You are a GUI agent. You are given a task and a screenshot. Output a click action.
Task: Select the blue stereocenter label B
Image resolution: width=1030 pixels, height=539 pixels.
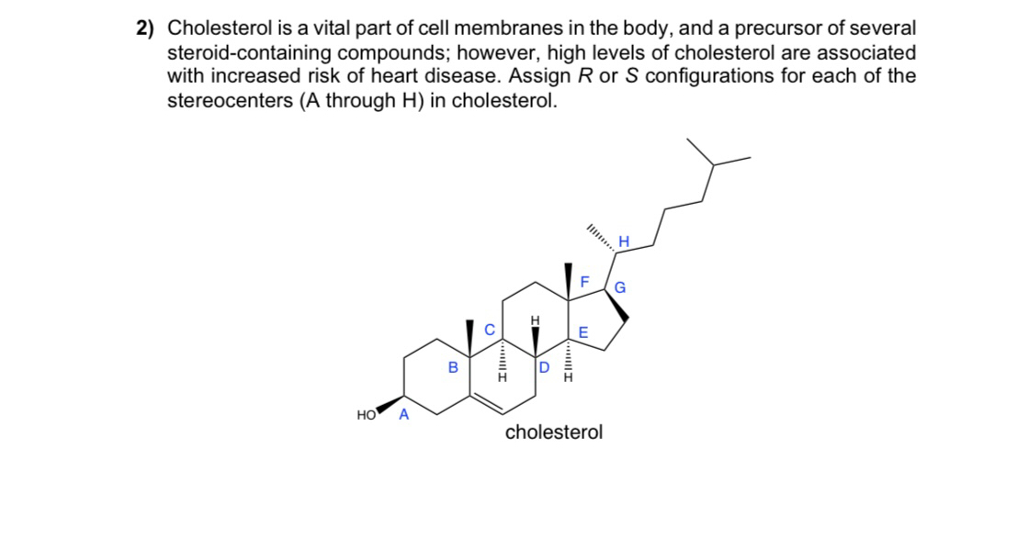click(x=451, y=368)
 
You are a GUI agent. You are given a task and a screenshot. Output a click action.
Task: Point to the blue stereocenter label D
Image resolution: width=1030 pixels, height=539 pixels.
click(x=543, y=368)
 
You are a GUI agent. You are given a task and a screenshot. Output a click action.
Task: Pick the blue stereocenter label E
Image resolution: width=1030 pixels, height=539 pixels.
click(x=583, y=332)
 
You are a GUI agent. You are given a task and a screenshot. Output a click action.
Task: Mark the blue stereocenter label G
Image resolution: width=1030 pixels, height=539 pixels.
click(x=619, y=287)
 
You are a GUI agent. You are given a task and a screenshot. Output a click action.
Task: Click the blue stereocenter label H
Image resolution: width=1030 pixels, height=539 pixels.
click(x=624, y=241)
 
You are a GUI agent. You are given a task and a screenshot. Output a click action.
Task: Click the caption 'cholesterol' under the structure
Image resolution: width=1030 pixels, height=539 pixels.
click(x=554, y=432)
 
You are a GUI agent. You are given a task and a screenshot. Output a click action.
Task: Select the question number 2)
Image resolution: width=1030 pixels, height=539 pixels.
click(x=145, y=29)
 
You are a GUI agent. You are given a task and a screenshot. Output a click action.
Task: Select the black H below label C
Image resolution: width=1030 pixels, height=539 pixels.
click(x=502, y=376)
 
